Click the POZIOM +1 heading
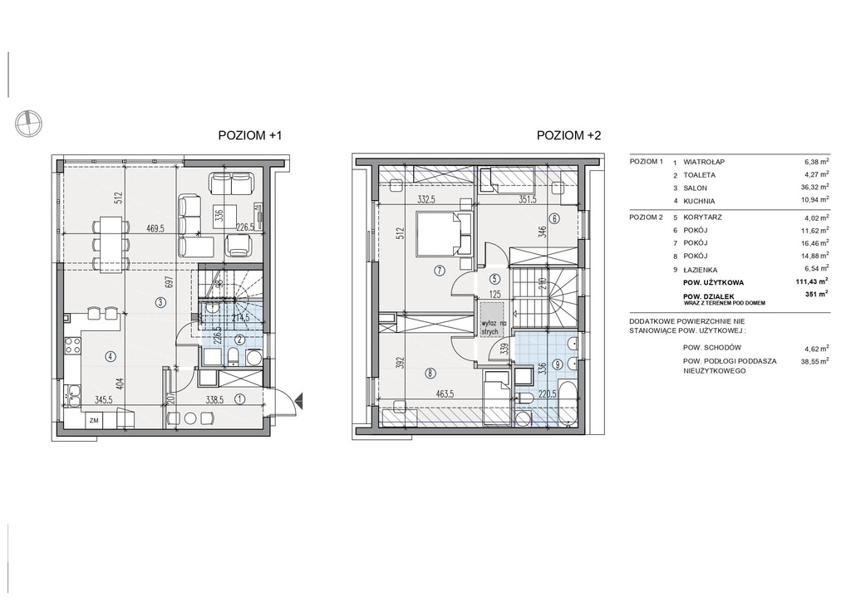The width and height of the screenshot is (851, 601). (250, 135)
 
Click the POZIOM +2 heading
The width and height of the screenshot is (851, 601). (568, 135)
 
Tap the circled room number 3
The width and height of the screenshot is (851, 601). (160, 303)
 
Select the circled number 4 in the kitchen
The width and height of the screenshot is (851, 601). (111, 356)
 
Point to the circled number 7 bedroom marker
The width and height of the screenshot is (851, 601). (440, 269)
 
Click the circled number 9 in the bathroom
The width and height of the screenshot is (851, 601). (558, 364)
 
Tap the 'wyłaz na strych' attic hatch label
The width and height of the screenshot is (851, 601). (491, 327)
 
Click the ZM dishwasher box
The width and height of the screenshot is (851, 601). (95, 420)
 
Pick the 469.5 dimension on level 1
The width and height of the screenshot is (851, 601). (155, 228)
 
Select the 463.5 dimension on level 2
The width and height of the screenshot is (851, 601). (445, 394)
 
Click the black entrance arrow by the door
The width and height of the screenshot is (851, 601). (298, 401)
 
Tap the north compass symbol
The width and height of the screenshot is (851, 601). (28, 123)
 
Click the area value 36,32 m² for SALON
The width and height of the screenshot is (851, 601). (816, 188)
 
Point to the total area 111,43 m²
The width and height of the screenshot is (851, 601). (811, 281)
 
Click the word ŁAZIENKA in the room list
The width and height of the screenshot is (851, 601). (700, 270)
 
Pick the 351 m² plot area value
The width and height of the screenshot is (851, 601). (817, 294)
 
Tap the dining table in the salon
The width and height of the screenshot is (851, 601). (111, 244)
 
